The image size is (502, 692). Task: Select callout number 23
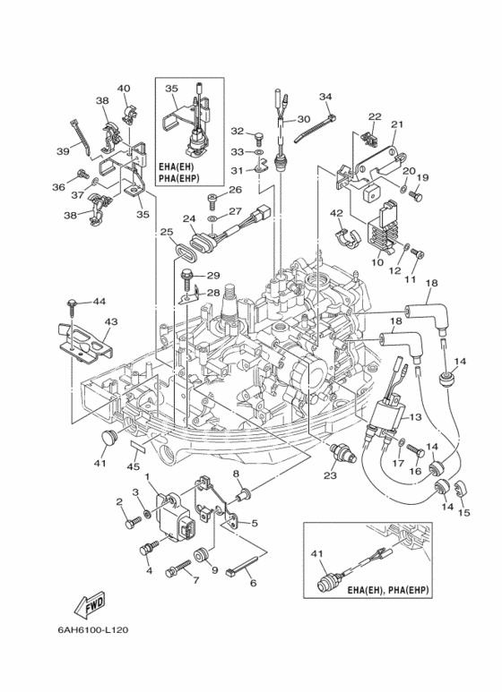[331, 475]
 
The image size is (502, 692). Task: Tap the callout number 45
[133, 466]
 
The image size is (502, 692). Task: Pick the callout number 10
[376, 262]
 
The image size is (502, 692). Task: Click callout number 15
[464, 513]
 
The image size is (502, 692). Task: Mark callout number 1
[148, 476]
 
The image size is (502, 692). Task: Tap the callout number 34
[325, 97]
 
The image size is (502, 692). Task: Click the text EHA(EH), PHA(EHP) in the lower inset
[388, 590]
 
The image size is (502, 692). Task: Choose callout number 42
[336, 213]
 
